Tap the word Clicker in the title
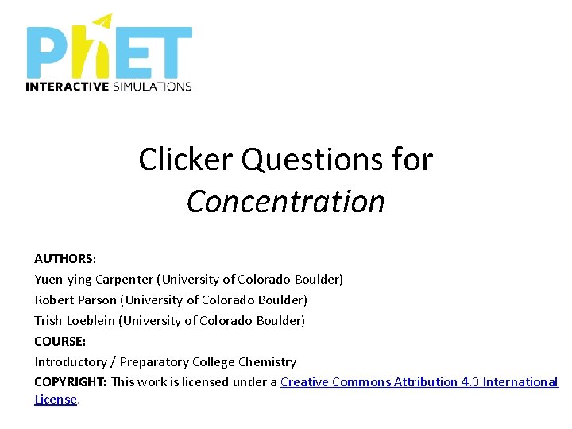tap(186, 159)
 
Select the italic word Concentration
tap(286, 201)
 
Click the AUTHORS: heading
tap(64, 259)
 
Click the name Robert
tap(54, 300)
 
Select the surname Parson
tap(99, 300)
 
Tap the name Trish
tap(48, 321)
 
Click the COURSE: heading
tap(60, 341)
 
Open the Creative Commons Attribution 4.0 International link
tap(419, 382)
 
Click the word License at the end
tap(56, 400)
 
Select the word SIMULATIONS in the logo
tap(151, 86)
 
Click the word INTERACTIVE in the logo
tap(67, 86)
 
